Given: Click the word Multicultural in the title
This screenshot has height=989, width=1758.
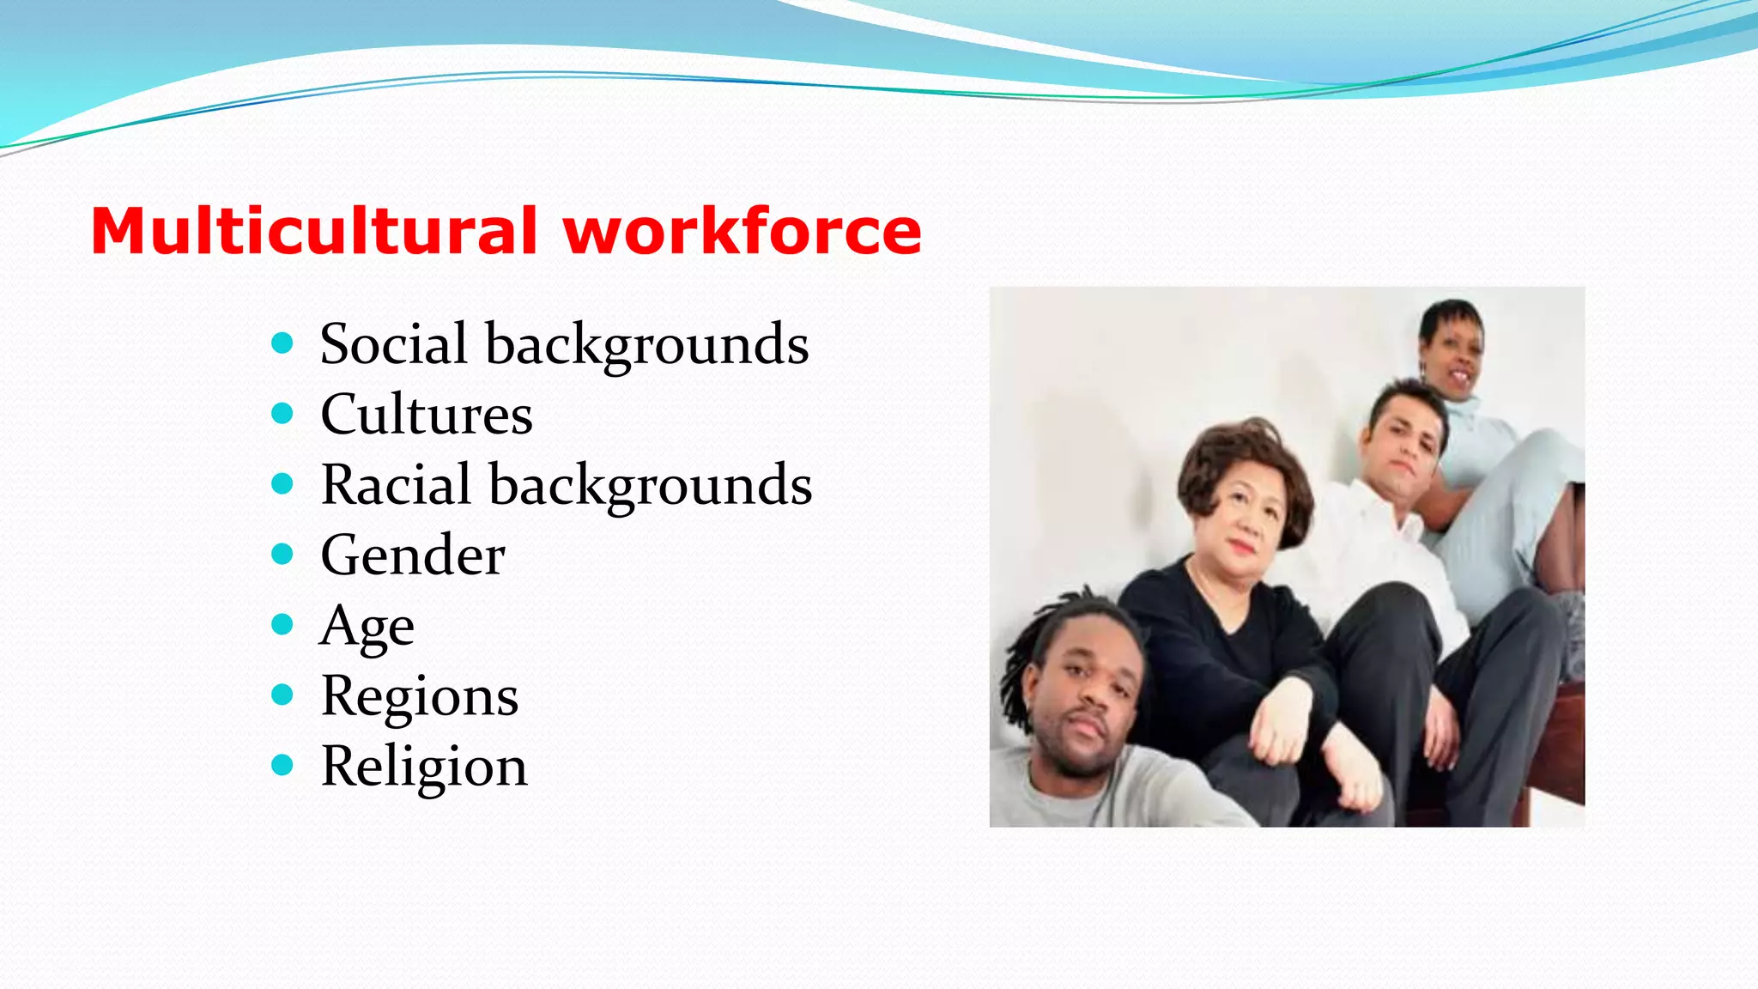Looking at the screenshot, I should [x=313, y=232].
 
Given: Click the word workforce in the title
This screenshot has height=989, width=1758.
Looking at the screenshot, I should [x=742, y=232].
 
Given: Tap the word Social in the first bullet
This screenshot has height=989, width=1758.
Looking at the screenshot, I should [x=394, y=344].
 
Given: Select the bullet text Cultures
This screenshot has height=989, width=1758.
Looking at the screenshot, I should [x=426, y=415].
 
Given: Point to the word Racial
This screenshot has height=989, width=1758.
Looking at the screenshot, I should [x=396, y=485].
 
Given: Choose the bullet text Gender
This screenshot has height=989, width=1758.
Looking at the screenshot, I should [x=412, y=555].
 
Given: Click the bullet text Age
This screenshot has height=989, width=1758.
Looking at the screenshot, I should [x=367, y=627].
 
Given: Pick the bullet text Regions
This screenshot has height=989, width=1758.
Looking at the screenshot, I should [x=419, y=696].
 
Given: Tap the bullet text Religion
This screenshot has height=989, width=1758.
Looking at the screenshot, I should [x=423, y=767].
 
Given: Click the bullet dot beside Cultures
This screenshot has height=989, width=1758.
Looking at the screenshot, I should [x=282, y=415].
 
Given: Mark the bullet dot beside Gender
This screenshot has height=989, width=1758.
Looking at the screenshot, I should [x=282, y=555].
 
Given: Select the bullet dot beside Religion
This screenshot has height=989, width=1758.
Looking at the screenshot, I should [x=282, y=765].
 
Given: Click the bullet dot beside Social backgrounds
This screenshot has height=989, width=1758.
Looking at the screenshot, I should [x=282, y=344].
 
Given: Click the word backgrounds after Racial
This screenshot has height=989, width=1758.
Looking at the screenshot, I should [x=650, y=485].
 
